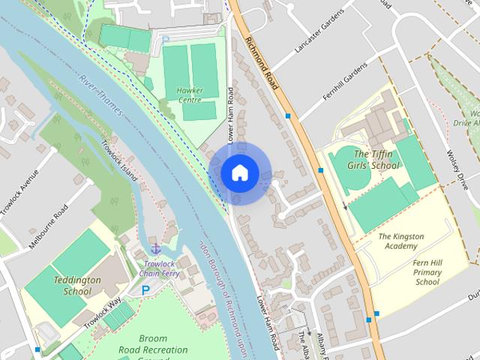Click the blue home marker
pos(239,172)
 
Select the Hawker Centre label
pos(190,94)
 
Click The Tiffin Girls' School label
pos(376,159)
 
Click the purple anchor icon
pos(155,247)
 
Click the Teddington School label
pos(76,285)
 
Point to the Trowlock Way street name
pos(103,312)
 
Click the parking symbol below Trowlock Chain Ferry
pos(145,289)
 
